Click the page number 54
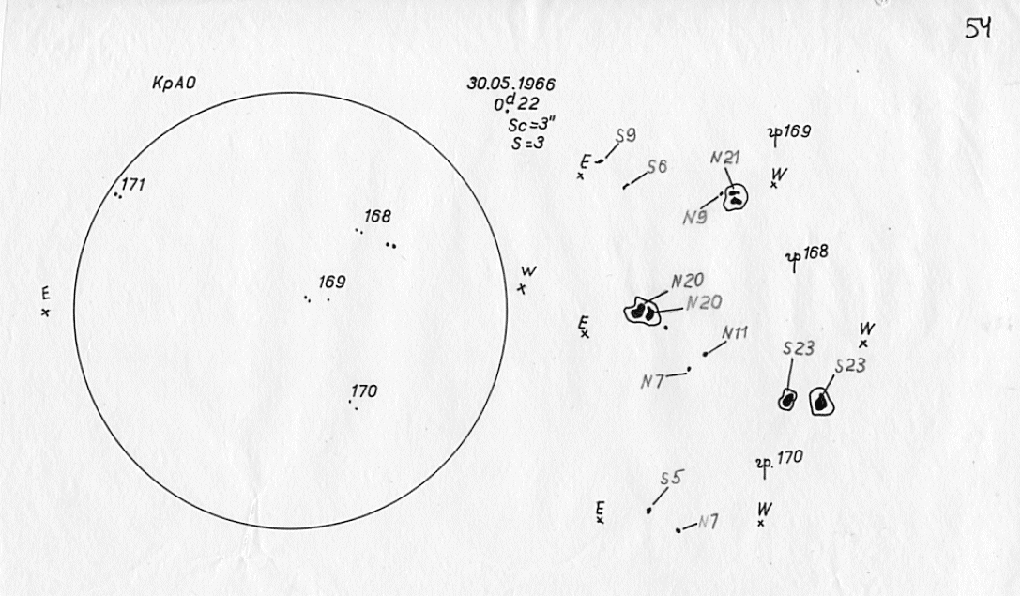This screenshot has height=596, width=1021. (x=980, y=29)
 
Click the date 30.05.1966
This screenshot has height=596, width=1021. (x=510, y=83)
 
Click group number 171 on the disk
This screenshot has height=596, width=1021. (x=133, y=185)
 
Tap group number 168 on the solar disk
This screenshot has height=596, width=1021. (x=377, y=216)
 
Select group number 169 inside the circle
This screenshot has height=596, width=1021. (x=332, y=282)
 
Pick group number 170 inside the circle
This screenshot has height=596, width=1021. (x=364, y=391)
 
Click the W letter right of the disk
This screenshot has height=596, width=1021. (x=528, y=272)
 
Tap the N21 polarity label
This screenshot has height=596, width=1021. (x=725, y=158)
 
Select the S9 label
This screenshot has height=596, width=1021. (x=626, y=136)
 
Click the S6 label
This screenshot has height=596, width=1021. (x=657, y=167)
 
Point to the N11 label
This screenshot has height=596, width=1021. (x=735, y=333)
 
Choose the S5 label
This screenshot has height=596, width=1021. (x=670, y=479)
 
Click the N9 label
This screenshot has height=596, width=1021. (x=695, y=218)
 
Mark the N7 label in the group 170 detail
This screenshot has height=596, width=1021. (x=709, y=523)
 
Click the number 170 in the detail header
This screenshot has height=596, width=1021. (x=789, y=460)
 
